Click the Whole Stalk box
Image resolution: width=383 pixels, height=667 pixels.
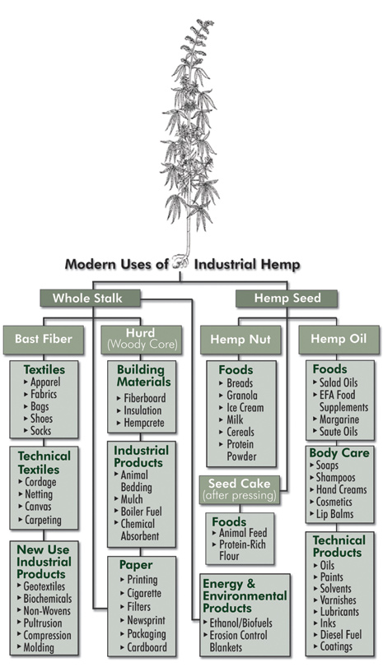(x=90, y=299)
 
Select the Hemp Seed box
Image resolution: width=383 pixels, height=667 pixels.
(x=287, y=299)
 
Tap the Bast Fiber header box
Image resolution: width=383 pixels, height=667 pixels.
(x=44, y=340)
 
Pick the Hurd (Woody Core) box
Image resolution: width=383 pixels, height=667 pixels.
(x=142, y=340)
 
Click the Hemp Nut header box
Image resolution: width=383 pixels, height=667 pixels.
(x=241, y=340)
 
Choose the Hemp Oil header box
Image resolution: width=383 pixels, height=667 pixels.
(x=339, y=340)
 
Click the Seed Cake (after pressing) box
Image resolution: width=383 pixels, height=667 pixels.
(x=240, y=489)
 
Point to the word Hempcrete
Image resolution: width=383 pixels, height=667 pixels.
(x=143, y=424)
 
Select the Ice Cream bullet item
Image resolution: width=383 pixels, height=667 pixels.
(x=245, y=407)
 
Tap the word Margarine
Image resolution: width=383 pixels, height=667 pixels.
(x=339, y=419)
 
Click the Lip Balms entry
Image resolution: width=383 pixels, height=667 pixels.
(x=334, y=514)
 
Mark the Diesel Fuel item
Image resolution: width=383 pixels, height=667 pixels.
(x=340, y=635)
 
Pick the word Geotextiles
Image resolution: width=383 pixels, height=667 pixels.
(x=44, y=586)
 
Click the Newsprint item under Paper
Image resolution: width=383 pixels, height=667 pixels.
(x=146, y=621)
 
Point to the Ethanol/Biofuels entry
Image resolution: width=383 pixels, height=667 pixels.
(x=241, y=623)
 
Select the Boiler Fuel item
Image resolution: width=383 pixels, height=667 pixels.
(x=141, y=512)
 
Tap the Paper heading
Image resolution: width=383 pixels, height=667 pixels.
(x=136, y=565)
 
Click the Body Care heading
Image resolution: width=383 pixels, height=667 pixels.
(x=339, y=453)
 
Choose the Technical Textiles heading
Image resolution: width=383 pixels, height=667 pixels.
(x=44, y=463)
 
